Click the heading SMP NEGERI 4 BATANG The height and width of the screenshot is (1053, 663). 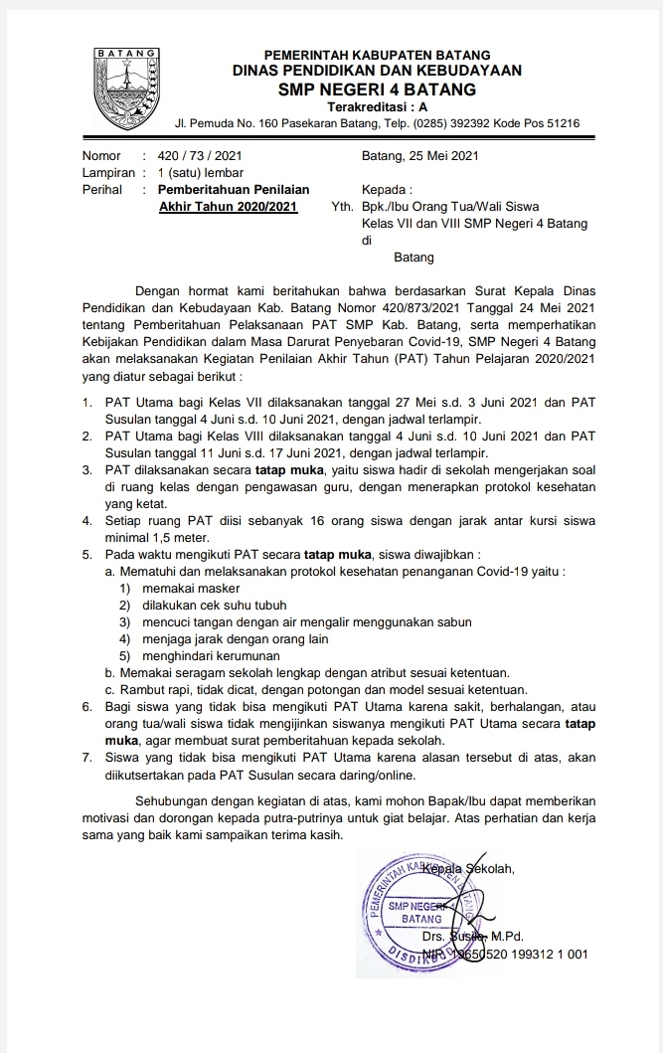(377, 89)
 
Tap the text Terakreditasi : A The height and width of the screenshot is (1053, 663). (377, 106)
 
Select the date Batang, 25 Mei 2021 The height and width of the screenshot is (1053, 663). (421, 156)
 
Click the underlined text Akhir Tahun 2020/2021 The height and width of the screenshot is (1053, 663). (229, 206)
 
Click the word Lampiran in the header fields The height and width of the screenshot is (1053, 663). (107, 172)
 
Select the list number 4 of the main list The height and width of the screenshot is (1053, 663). (87, 520)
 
